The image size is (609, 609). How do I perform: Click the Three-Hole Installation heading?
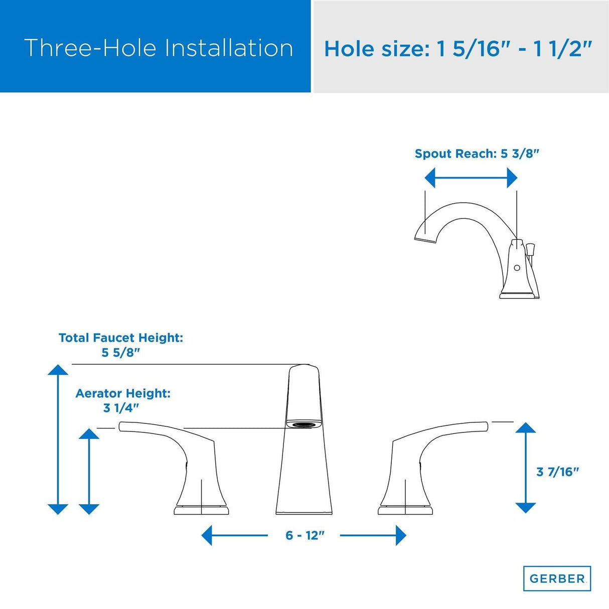pos(159,48)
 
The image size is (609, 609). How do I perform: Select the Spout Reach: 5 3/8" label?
pos(477,154)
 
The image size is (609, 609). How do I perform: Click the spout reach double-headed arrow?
pos(471,178)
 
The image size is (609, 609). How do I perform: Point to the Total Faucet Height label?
pos(121,338)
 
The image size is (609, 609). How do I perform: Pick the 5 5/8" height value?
pos(120,352)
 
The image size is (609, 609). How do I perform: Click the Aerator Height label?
pos(123,393)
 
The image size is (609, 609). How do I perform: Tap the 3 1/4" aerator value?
pos(121,408)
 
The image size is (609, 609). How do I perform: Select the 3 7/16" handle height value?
pos(557,472)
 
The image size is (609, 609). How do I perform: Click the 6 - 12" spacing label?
pos(305,535)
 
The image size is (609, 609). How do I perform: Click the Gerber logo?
pos(557,578)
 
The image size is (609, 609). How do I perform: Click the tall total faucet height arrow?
pos(58,439)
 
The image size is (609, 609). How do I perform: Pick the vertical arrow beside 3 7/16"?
pos(525,468)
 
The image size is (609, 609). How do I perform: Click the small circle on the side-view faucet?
pos(517,268)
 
